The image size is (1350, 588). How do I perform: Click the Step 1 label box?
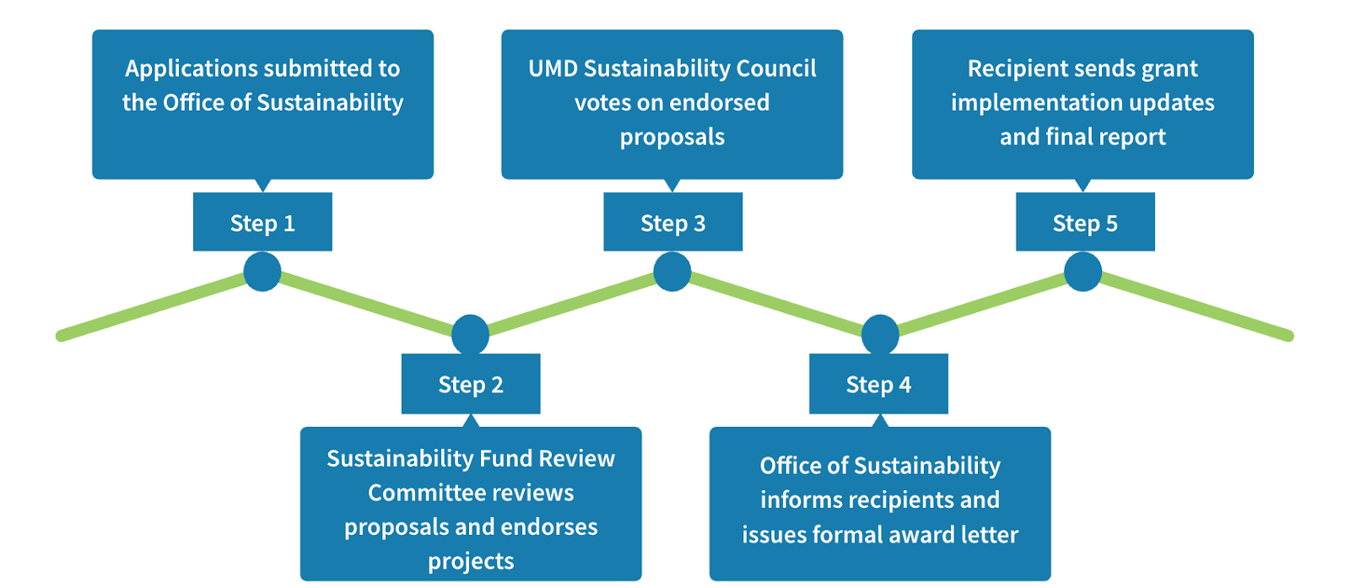(262, 222)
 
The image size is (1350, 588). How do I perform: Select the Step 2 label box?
(471, 384)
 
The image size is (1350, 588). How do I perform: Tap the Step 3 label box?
(672, 222)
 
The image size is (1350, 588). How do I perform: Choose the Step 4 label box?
(878, 384)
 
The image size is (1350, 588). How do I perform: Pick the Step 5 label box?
(1085, 222)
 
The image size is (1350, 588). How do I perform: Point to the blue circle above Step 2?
(470, 334)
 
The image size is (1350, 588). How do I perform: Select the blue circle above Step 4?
(880, 334)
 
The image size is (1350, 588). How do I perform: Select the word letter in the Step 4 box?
(993, 534)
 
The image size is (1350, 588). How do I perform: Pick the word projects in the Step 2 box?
(471, 561)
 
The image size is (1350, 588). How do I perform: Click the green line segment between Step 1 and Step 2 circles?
(366, 305)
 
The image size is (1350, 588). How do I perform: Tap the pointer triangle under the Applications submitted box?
(262, 185)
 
